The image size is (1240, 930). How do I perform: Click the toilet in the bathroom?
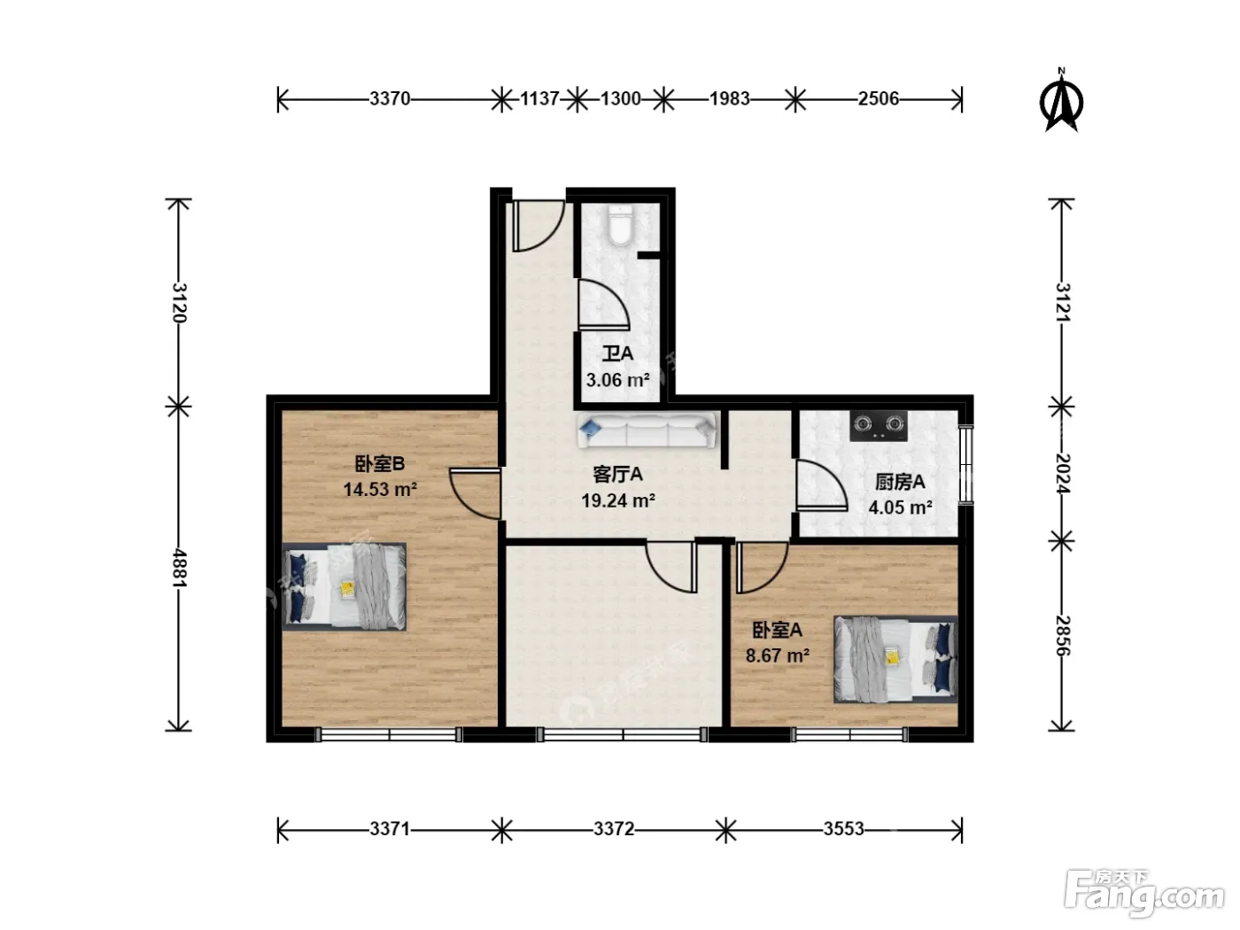click(619, 226)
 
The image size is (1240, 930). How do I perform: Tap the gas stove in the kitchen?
click(879, 425)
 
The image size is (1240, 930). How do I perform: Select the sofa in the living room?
click(647, 430)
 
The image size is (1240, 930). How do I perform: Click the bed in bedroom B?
click(344, 586)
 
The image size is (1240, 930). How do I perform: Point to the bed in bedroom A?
click(895, 660)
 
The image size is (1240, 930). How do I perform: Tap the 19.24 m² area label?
click(618, 500)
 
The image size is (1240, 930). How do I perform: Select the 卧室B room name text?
click(380, 463)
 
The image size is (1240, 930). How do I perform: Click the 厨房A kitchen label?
click(900, 482)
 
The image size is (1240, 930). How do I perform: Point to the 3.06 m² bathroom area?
click(617, 380)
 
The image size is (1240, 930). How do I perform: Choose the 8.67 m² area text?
click(778, 655)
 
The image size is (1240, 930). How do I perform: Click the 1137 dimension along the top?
click(539, 99)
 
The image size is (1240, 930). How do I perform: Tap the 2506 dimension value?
click(879, 99)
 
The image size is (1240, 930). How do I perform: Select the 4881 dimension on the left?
click(179, 568)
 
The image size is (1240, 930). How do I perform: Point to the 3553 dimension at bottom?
click(843, 829)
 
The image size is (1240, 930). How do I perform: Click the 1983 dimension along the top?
click(729, 99)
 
